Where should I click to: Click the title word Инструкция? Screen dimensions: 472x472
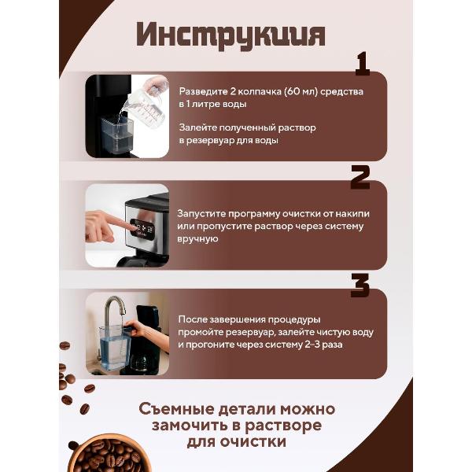click(x=230, y=35)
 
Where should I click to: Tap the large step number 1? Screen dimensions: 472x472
click(x=362, y=65)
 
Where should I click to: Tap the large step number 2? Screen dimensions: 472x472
click(x=360, y=177)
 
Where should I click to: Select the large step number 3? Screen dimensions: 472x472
click(x=360, y=286)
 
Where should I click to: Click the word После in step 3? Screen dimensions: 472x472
click(x=193, y=319)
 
